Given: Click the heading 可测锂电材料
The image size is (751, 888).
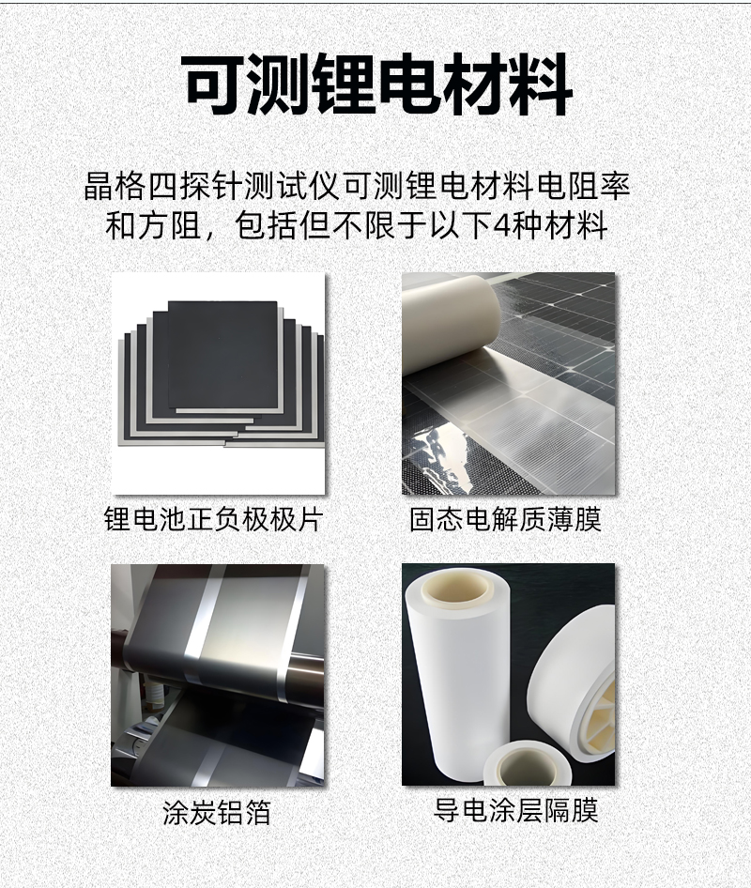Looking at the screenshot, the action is click(x=377, y=84).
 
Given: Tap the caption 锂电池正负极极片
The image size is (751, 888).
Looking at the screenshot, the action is click(x=213, y=519).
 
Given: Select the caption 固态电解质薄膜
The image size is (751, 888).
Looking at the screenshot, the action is click(x=505, y=519).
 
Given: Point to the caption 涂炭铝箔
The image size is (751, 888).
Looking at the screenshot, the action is click(x=217, y=812).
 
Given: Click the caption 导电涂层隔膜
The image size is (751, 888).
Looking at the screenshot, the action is click(x=515, y=810).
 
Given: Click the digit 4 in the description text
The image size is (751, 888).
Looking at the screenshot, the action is click(x=502, y=225).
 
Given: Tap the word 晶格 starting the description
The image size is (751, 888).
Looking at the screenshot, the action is click(x=115, y=186).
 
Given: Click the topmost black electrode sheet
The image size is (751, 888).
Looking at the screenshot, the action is click(x=223, y=354).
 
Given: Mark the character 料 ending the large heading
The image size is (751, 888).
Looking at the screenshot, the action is click(x=542, y=84).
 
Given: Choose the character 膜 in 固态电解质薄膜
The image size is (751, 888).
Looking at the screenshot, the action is click(x=588, y=519).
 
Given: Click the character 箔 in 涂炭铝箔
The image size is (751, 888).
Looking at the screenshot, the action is click(x=258, y=812).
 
